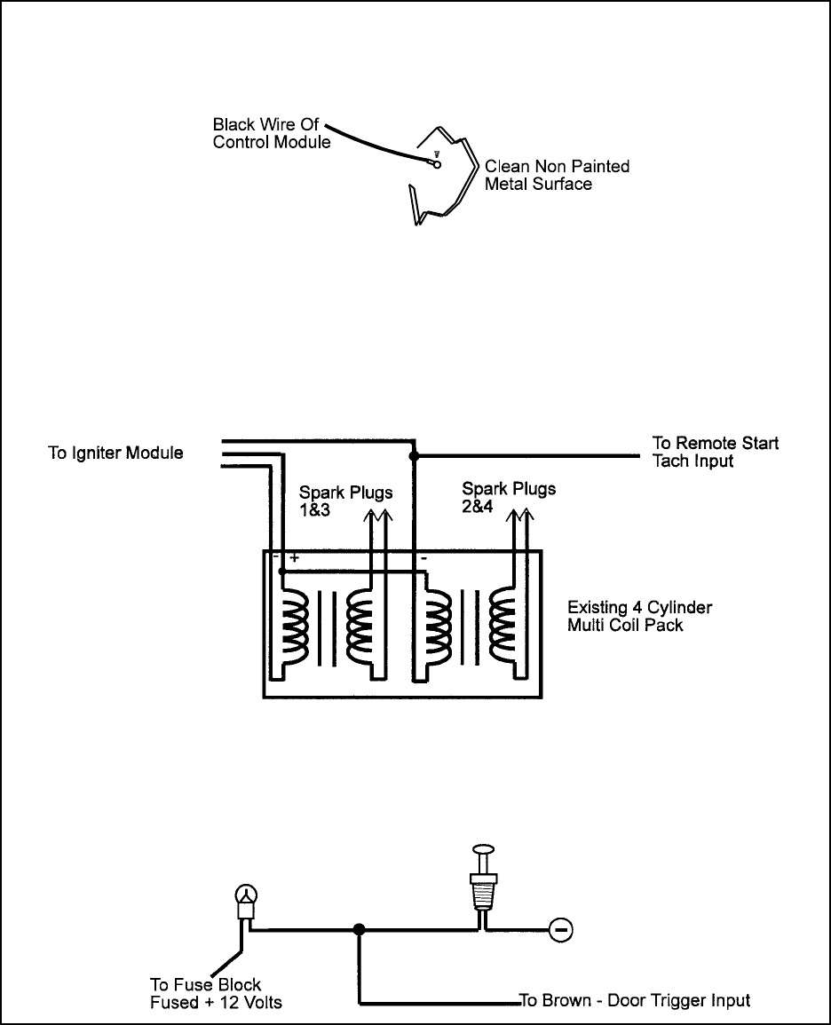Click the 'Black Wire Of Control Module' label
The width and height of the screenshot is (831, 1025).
(272, 133)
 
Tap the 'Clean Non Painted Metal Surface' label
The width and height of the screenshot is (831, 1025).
(557, 175)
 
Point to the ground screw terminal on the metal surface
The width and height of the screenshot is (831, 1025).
(437, 163)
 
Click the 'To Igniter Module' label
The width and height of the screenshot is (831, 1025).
(115, 453)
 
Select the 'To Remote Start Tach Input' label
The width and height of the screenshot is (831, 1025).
(716, 452)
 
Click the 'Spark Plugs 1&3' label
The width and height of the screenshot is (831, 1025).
(346, 501)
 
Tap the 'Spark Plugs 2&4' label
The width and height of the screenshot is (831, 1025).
(509, 498)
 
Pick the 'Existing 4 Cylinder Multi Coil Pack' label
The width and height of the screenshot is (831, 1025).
(639, 617)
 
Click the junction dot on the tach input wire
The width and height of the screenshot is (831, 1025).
(413, 455)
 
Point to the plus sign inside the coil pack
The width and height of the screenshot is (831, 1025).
(294, 557)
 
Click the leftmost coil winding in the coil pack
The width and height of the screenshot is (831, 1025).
(293, 627)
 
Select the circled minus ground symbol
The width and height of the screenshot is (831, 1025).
(559, 929)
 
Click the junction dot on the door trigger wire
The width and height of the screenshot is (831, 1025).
(359, 929)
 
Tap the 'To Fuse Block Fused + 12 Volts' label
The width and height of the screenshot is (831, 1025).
(216, 994)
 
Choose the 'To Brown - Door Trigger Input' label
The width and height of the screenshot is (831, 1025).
(635, 1001)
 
